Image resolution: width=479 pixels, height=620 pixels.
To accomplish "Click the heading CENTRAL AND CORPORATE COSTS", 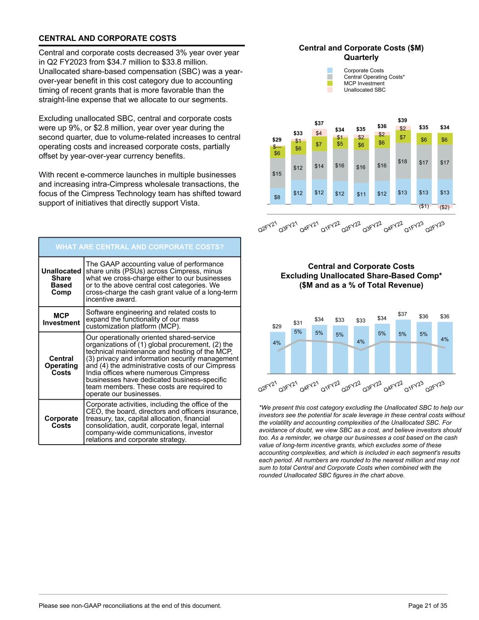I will click(x=108, y=38).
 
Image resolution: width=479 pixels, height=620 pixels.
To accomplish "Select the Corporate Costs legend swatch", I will click(x=330, y=70).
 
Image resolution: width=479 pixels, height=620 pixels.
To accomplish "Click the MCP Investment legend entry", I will click(x=364, y=84).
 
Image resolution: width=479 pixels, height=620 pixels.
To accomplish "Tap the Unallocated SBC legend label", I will click(x=365, y=90).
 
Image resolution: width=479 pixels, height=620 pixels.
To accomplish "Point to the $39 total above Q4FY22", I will click(x=403, y=119).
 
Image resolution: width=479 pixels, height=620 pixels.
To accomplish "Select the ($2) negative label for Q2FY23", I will click(x=444, y=207).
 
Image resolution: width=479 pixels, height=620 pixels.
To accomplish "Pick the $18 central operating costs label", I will click(x=403, y=161).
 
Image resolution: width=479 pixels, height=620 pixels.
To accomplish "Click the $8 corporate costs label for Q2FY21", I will click(x=277, y=197).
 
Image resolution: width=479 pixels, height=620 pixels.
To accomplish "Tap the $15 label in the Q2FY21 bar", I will click(x=277, y=174).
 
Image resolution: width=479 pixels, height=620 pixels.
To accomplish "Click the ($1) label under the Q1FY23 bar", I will click(x=424, y=206).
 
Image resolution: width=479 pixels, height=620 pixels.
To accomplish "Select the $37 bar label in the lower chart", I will click(x=403, y=314).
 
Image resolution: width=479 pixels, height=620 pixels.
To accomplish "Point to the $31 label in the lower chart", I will click(x=298, y=322).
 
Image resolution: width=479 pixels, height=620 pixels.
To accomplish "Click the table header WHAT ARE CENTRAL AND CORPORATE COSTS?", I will click(x=140, y=247).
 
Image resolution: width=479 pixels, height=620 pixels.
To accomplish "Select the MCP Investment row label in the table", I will click(x=61, y=319).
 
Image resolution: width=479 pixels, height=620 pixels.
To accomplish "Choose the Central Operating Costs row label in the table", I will click(x=61, y=366).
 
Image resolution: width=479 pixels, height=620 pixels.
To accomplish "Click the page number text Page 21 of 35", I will click(x=428, y=605).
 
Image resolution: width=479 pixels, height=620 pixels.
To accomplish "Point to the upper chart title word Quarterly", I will click(x=361, y=58).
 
